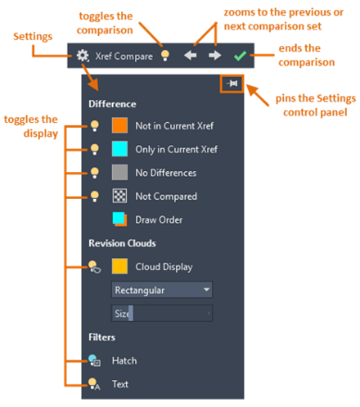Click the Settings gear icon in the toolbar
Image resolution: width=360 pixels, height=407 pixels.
82,55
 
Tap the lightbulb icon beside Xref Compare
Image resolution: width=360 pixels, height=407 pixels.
165,55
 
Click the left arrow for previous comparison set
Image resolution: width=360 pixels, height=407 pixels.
191,55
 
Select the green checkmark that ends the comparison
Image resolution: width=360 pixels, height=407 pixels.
240,55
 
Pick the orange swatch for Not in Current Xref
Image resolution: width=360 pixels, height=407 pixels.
119,125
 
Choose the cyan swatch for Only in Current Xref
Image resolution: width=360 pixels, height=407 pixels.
119,149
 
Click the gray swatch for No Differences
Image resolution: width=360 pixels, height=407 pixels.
119,173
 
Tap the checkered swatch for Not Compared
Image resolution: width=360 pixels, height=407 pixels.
119,196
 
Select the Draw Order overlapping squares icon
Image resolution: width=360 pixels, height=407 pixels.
119,220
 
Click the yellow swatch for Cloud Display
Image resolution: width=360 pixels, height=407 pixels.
119,266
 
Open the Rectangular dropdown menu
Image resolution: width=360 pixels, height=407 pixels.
161,290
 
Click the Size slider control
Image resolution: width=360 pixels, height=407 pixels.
161,314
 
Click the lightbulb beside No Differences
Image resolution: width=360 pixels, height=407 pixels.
93,173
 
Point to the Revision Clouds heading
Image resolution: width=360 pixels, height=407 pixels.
123,244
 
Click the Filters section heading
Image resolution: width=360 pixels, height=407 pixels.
102,339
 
